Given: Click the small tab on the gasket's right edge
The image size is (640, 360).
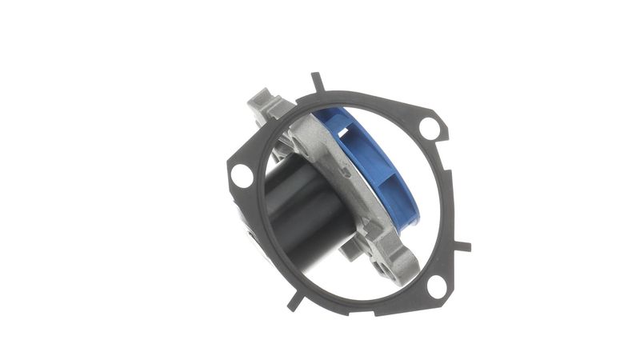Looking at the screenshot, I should pos(463,245).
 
